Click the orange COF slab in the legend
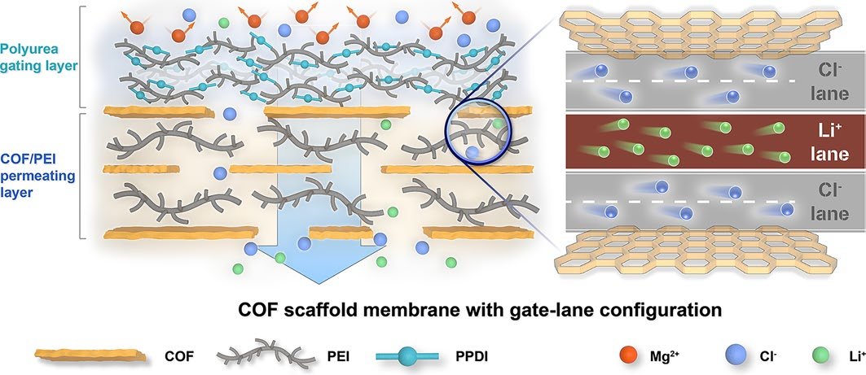point(90,355)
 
